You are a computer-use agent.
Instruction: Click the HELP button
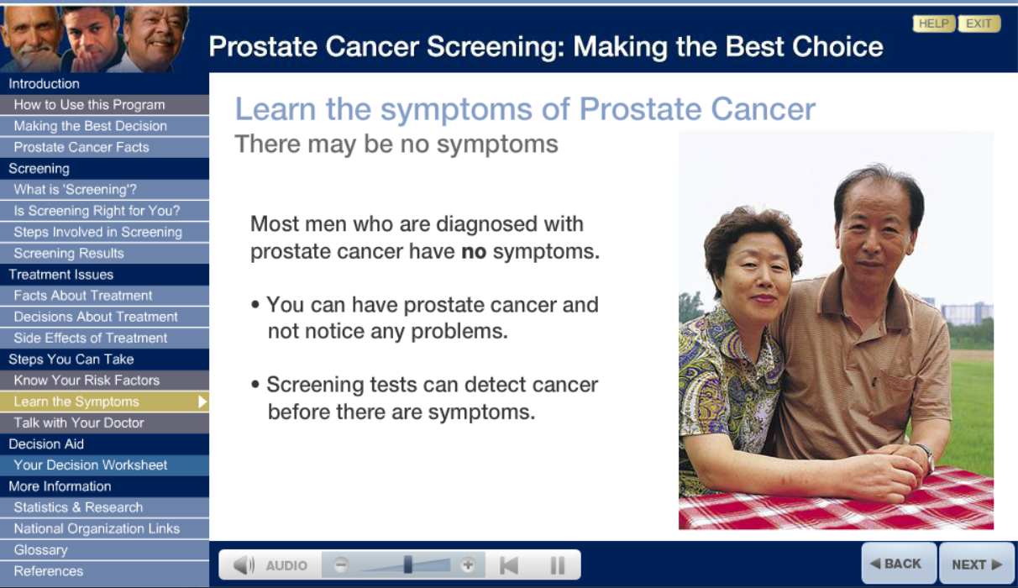click(933, 24)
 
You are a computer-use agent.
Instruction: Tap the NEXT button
click(977, 564)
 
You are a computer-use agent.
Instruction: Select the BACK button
click(896, 564)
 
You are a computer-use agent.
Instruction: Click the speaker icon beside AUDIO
click(244, 565)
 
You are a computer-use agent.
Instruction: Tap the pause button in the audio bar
click(557, 565)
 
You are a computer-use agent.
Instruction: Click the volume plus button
click(469, 565)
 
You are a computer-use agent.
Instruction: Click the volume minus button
click(341, 565)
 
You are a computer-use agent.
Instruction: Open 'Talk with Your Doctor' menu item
click(79, 423)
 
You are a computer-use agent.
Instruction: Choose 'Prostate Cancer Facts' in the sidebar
click(81, 147)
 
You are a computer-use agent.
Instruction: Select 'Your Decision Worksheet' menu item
click(91, 465)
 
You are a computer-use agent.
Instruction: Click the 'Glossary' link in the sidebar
click(40, 549)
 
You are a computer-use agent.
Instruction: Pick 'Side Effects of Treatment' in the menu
click(91, 338)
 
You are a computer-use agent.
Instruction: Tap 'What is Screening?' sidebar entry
click(75, 189)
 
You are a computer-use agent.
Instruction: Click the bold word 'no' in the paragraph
click(474, 252)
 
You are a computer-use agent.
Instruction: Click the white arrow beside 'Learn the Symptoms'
click(202, 402)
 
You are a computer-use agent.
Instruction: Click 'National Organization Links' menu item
click(97, 528)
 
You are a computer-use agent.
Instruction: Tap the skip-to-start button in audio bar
click(509, 565)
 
